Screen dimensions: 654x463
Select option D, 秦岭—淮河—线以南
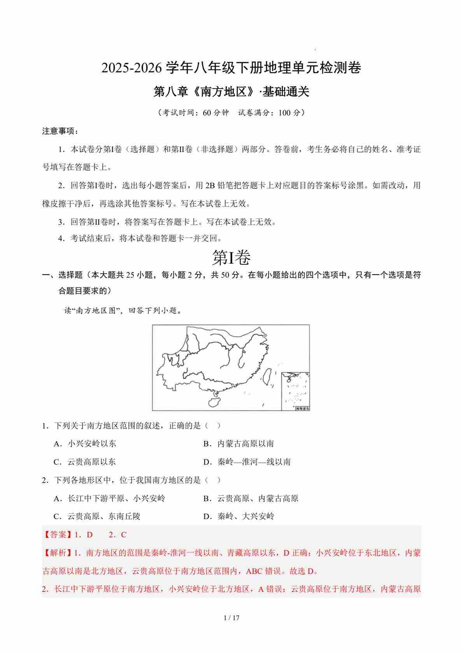click(x=247, y=462)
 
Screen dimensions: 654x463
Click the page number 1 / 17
click(x=231, y=618)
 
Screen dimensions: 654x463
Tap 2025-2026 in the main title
click(x=131, y=68)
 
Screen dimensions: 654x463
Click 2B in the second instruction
click(x=210, y=185)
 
